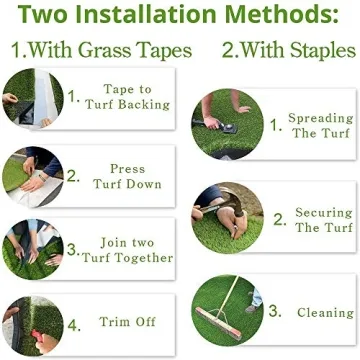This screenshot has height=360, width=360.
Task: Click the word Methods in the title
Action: pos(273,17)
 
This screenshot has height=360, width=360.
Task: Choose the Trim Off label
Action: pos(126,324)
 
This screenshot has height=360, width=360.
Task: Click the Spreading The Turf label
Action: pos(320,125)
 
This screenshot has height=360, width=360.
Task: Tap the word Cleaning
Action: pos(325,313)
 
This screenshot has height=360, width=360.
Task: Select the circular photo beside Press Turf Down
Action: pos(30,172)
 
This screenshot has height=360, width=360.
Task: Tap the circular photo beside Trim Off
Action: pos(30,322)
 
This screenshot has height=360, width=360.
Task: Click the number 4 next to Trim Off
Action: pos(72,324)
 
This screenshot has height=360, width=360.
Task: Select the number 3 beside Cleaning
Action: pos(274,312)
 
